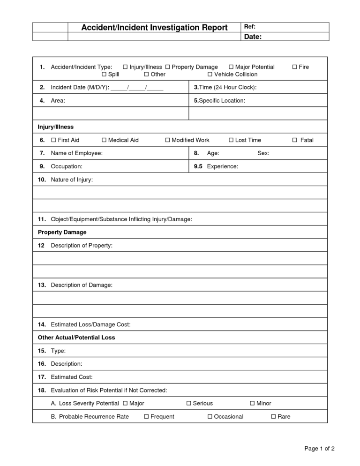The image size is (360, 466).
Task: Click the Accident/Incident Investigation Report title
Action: point(154,28)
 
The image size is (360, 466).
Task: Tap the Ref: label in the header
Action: point(250,27)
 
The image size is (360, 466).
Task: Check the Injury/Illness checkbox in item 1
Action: point(126,67)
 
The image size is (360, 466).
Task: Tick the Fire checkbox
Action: point(295,67)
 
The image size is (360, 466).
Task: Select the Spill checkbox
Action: point(104,75)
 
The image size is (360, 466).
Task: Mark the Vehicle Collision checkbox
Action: point(210,75)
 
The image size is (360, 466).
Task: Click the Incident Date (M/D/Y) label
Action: point(80,88)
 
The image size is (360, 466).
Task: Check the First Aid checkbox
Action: point(53,140)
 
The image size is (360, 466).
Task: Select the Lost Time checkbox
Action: point(231,140)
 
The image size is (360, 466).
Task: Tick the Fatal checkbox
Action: point(295,140)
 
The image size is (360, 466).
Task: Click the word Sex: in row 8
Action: point(263,153)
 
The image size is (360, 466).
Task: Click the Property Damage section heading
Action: point(62,232)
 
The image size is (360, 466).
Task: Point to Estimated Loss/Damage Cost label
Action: point(90,324)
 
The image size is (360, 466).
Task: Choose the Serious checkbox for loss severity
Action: point(189,403)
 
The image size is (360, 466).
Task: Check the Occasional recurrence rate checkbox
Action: point(210,416)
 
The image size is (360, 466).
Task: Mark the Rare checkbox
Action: point(273,416)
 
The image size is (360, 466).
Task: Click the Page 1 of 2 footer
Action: point(319,449)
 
